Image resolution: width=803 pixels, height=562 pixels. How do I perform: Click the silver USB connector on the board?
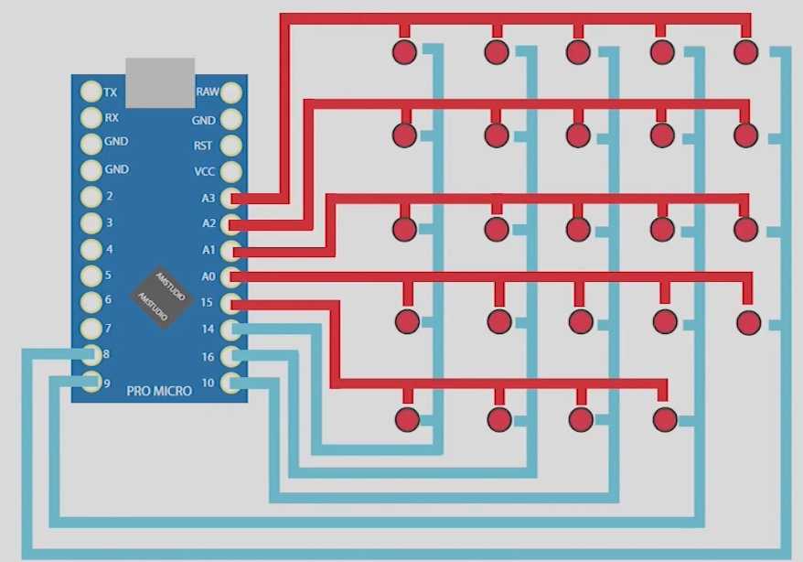[x=160, y=82]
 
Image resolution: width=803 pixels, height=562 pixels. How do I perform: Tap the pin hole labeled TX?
[x=91, y=92]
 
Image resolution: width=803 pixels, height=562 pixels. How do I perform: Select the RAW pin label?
[x=207, y=92]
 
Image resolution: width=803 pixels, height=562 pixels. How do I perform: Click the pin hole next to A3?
[x=231, y=198]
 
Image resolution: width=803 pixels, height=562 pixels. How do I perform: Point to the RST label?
[x=203, y=146]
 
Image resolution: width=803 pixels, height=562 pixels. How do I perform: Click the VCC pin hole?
[x=231, y=171]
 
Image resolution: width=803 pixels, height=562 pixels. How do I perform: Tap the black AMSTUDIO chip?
[x=161, y=295]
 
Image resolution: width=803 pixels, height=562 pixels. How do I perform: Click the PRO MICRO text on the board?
[x=160, y=391]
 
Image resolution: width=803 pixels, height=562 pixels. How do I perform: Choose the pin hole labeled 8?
[x=91, y=355]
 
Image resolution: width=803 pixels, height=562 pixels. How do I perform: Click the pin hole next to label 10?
[x=231, y=382]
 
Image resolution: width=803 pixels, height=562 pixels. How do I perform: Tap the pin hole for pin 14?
[x=231, y=329]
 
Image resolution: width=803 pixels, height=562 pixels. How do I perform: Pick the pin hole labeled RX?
[x=91, y=118]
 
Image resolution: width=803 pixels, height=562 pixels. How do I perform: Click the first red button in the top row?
[x=404, y=52]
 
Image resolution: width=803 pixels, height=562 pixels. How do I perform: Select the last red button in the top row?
[x=746, y=52]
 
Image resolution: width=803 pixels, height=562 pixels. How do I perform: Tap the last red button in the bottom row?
[x=665, y=420]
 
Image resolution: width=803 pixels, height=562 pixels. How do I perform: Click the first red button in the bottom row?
[x=407, y=420]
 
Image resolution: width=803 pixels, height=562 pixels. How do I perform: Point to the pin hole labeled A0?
[x=231, y=276]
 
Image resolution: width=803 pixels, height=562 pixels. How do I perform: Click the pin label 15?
[x=208, y=302]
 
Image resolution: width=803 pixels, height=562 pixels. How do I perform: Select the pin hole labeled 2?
[x=91, y=197]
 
